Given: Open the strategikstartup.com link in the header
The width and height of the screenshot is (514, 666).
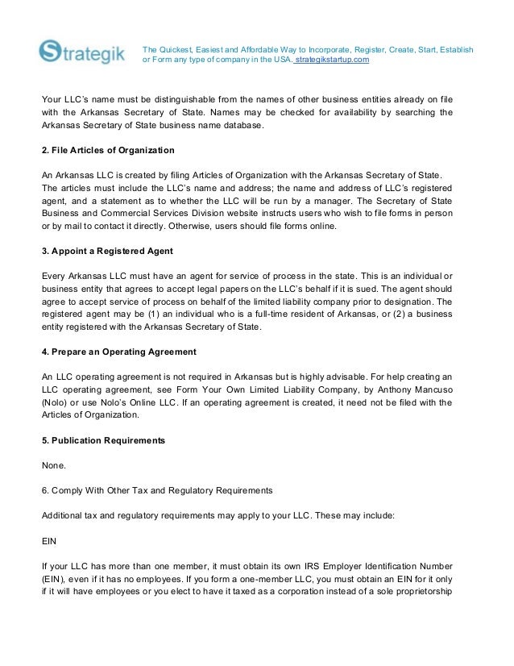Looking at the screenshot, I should (x=333, y=60).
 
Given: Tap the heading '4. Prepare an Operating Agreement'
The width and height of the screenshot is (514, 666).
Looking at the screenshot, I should (x=118, y=352).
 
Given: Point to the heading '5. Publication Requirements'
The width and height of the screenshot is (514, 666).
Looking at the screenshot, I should (x=103, y=440).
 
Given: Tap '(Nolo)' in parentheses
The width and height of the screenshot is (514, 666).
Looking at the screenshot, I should (x=56, y=402).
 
